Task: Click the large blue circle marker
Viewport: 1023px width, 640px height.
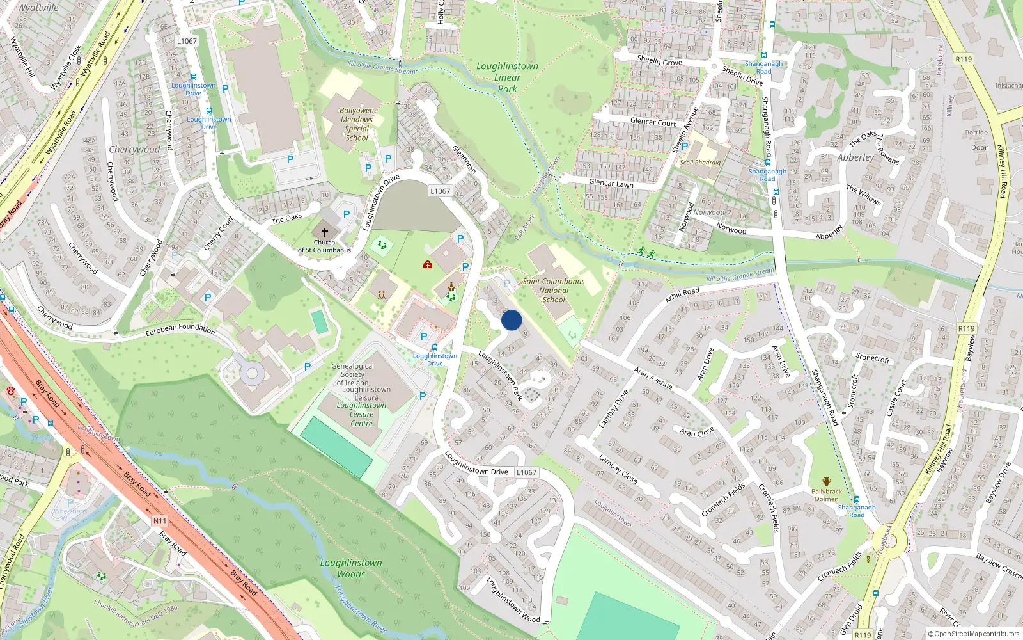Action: [x=511, y=320]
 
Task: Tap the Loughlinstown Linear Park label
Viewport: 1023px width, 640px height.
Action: [x=507, y=77]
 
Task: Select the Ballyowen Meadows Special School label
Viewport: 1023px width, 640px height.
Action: [x=357, y=124]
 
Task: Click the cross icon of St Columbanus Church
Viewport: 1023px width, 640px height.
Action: [x=324, y=232]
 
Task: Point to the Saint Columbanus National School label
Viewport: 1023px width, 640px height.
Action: [x=554, y=290]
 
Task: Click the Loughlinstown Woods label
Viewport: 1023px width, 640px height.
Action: [x=351, y=568]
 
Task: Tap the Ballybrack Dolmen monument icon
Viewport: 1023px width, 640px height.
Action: [x=826, y=481]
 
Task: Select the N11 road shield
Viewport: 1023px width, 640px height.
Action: [x=159, y=521]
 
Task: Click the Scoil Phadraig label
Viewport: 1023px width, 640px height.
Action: [x=700, y=163]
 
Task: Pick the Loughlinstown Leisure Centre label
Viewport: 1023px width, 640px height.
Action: [x=362, y=414]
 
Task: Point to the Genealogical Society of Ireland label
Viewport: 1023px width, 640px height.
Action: [x=352, y=374]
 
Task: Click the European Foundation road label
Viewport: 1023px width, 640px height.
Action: [x=180, y=330]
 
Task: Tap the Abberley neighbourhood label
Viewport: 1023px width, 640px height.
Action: [x=855, y=157]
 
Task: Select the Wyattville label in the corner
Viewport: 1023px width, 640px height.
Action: [x=38, y=8]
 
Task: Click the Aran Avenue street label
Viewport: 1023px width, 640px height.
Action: [x=653, y=378]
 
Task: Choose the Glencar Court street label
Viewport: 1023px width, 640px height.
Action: [x=653, y=122]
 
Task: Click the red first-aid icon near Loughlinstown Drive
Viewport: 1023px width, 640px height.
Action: [x=428, y=264]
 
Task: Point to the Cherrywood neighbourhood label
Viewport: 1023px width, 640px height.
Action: [x=134, y=150]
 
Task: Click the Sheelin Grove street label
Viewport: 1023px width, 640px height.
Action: [x=659, y=60]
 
